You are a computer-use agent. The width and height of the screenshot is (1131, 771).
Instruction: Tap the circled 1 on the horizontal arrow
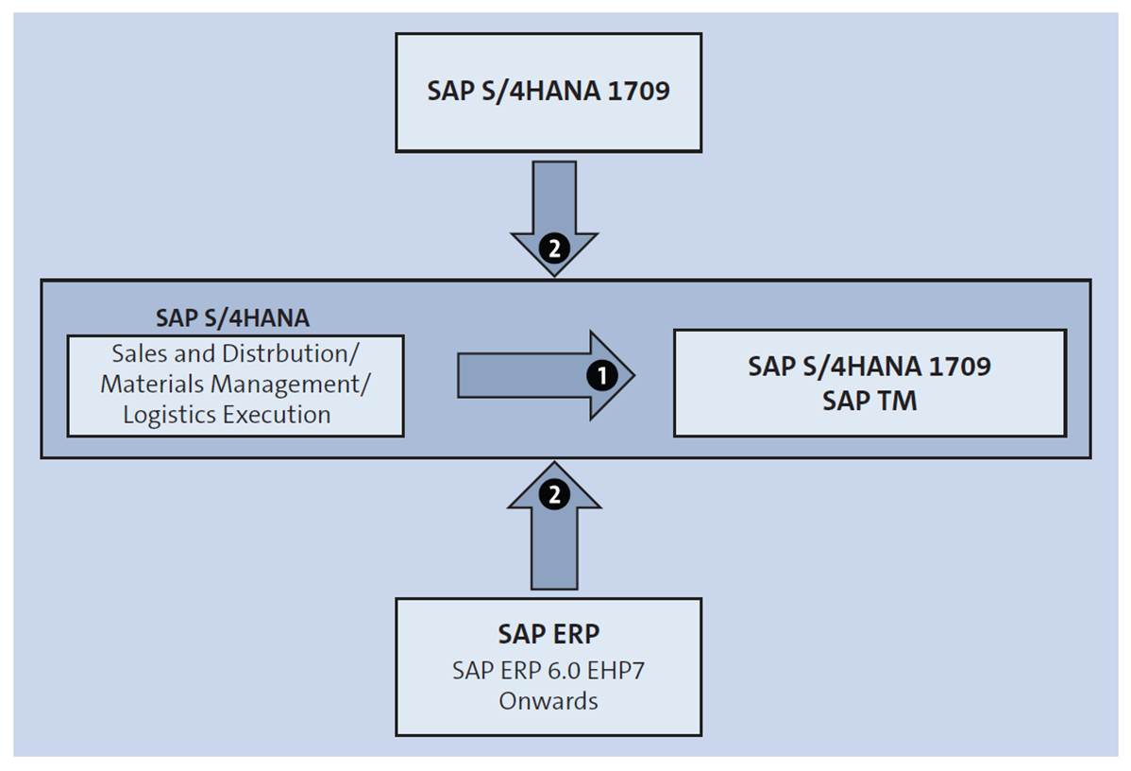click(601, 375)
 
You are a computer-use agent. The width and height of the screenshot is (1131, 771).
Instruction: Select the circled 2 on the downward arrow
click(554, 248)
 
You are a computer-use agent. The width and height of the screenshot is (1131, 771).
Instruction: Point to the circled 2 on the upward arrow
click(554, 492)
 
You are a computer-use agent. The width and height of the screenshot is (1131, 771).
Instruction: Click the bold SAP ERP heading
click(549, 633)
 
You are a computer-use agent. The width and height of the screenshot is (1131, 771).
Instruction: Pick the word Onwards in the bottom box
click(549, 701)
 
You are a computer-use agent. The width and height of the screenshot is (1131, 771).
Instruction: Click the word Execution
click(280, 414)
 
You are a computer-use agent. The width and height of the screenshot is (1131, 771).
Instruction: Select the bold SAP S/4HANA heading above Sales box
click(232, 317)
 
